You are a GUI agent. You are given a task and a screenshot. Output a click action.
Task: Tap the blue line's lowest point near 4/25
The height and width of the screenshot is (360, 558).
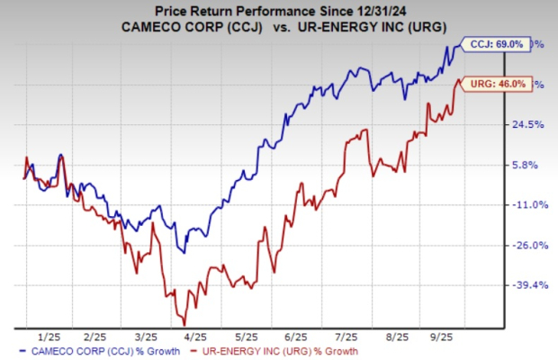184,253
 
